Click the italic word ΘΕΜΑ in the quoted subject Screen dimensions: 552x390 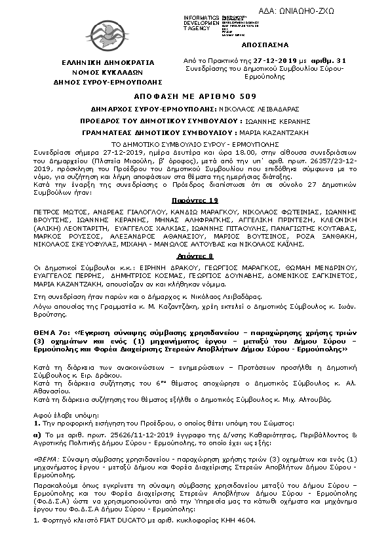47,459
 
